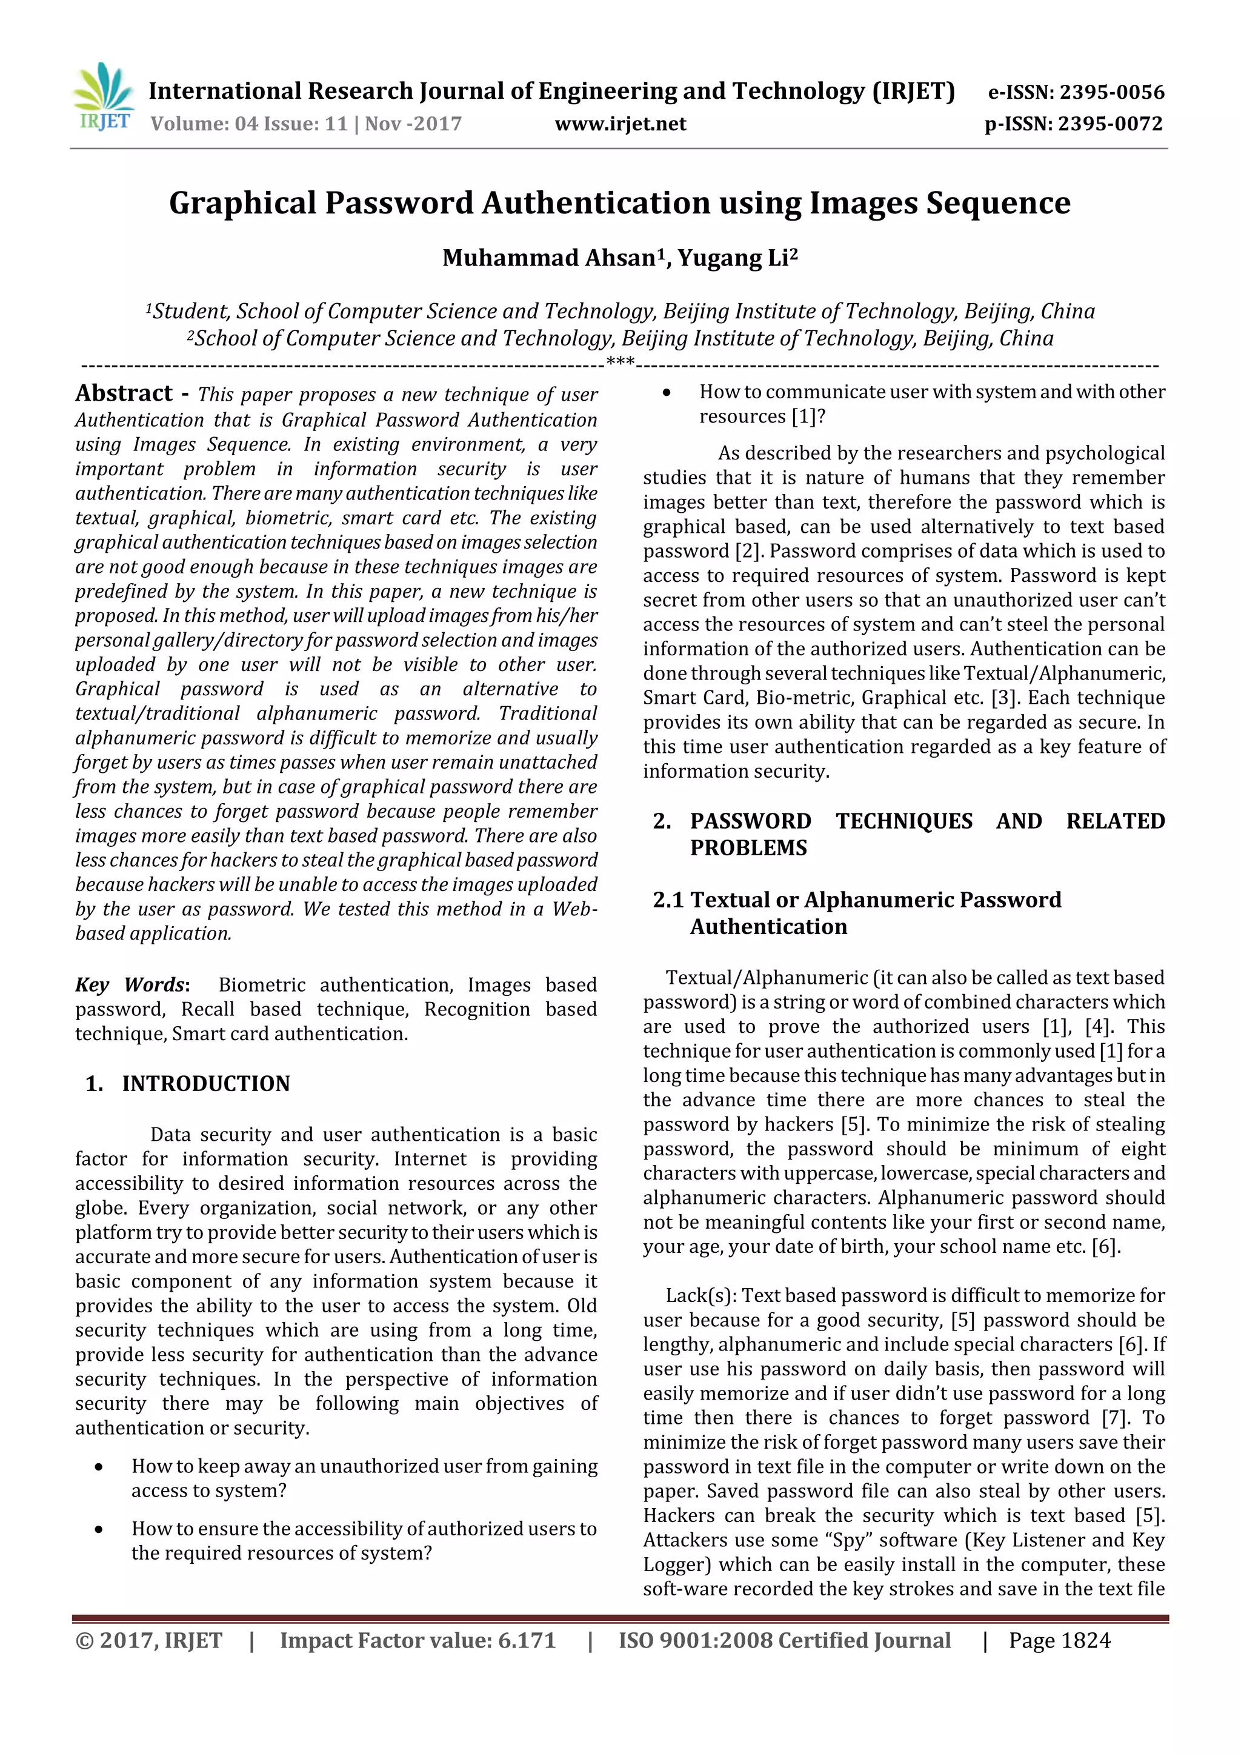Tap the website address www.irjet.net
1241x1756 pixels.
click(x=620, y=124)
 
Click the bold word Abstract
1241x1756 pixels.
click(x=124, y=393)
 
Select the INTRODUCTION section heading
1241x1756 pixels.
click(x=205, y=1084)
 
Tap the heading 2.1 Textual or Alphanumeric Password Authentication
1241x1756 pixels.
click(x=856, y=912)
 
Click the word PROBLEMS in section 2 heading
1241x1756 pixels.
click(x=748, y=847)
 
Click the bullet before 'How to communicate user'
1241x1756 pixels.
click(x=667, y=392)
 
